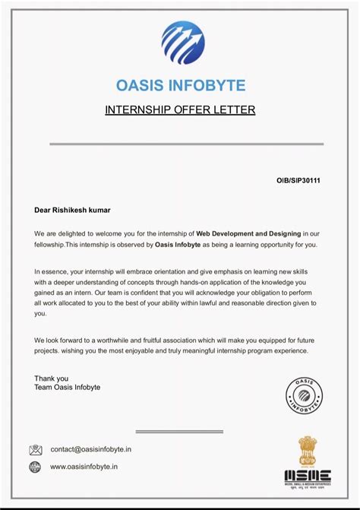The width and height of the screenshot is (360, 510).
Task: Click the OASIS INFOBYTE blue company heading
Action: click(x=180, y=85)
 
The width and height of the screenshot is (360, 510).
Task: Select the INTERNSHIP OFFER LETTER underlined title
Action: click(x=180, y=110)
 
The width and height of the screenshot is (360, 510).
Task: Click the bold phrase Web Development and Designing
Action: click(x=248, y=233)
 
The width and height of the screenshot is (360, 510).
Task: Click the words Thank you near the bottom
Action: click(x=51, y=378)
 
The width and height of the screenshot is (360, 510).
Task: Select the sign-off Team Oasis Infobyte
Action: click(x=67, y=388)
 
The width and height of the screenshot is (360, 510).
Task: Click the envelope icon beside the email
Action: click(x=35, y=450)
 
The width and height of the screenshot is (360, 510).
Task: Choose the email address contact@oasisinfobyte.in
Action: click(x=90, y=450)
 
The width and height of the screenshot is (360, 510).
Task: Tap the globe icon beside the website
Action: click(x=35, y=467)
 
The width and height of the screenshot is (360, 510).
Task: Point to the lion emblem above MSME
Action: click(x=307, y=451)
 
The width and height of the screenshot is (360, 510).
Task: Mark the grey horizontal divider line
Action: click(x=186, y=144)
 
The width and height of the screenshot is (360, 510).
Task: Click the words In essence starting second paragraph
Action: click(x=52, y=271)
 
